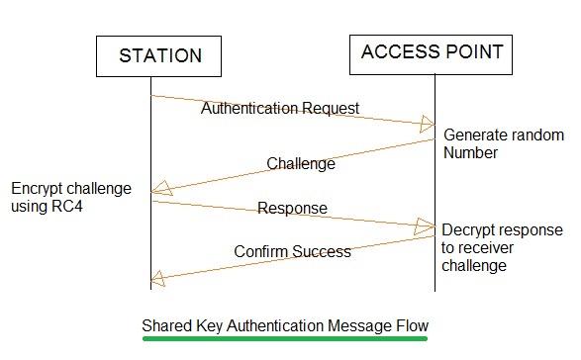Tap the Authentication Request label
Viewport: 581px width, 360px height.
(x=280, y=108)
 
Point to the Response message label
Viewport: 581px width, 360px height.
(x=292, y=209)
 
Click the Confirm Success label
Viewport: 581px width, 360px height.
(x=292, y=251)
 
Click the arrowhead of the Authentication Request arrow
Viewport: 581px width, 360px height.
(x=427, y=124)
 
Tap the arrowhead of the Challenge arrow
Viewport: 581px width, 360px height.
(x=158, y=190)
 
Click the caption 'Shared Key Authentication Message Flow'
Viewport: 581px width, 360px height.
(x=285, y=324)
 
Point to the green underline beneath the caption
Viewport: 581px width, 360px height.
(x=285, y=338)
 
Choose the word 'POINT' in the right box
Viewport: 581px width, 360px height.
(x=472, y=51)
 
